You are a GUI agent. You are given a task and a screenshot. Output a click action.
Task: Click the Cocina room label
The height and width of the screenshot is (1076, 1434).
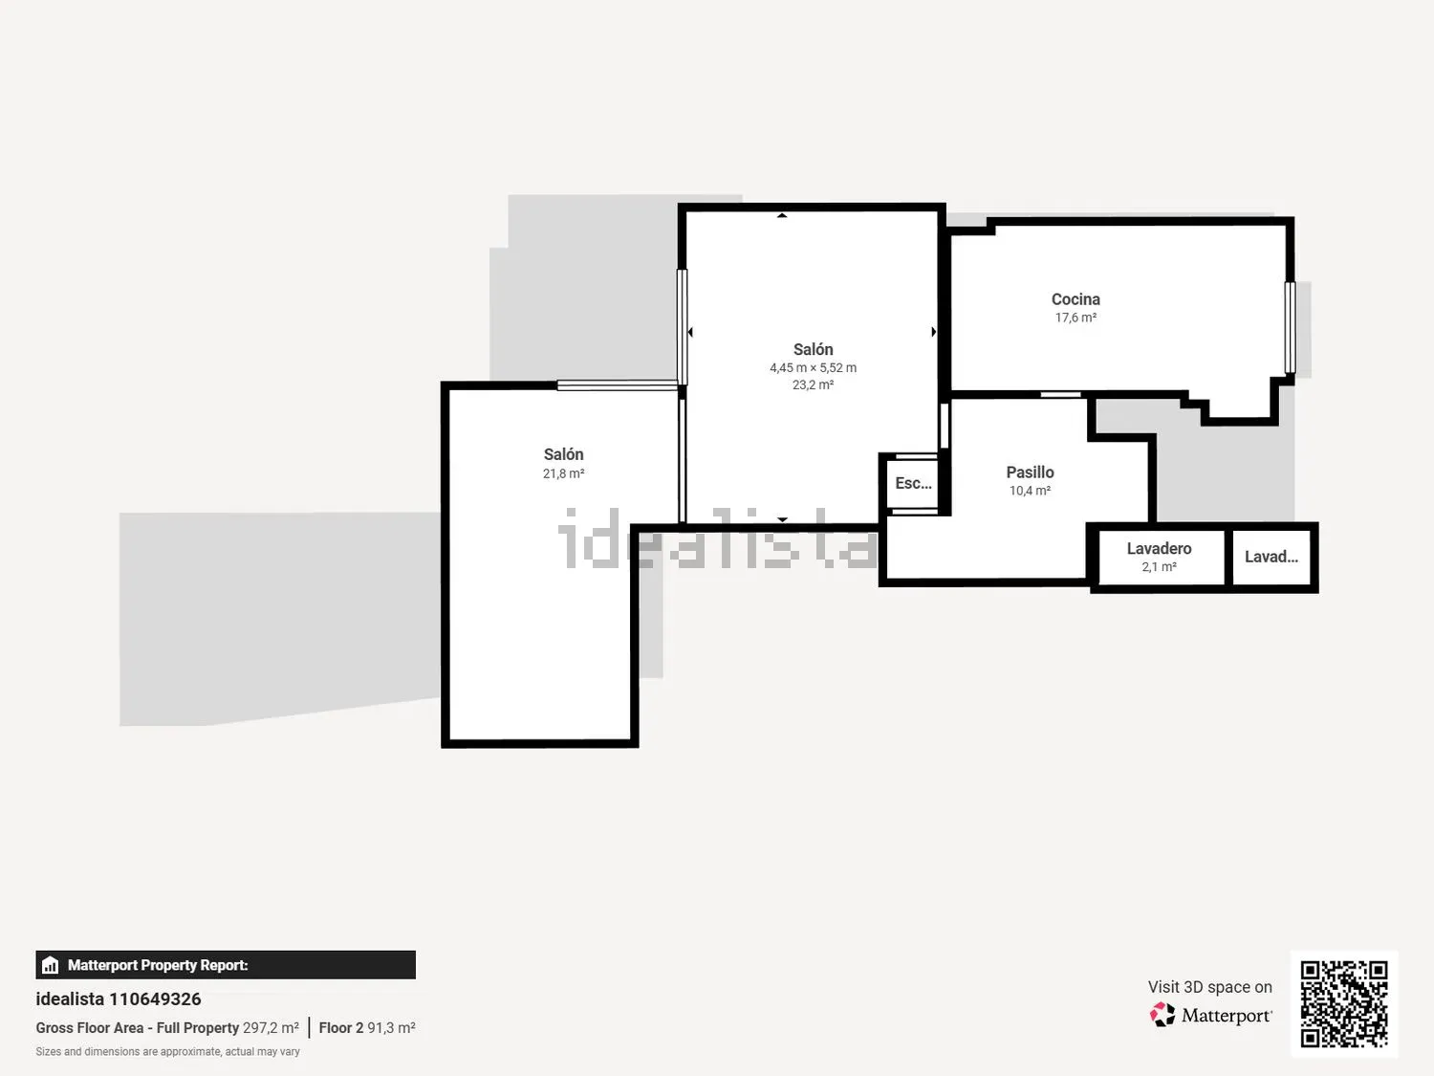(x=1075, y=299)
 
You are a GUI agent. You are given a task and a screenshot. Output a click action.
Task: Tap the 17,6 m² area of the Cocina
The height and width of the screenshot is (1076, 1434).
(x=1075, y=318)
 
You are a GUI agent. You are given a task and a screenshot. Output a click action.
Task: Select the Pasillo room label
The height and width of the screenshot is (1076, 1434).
(x=1030, y=472)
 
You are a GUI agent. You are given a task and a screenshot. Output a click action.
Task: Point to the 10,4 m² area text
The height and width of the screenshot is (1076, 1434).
(x=1030, y=490)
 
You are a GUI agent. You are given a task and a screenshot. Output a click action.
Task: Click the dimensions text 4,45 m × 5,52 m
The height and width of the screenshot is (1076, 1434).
(x=813, y=368)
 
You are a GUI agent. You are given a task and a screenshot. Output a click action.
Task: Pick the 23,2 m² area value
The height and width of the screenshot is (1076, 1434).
(x=813, y=384)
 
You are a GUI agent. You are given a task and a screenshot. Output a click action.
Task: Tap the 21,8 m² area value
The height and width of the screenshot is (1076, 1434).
(x=563, y=473)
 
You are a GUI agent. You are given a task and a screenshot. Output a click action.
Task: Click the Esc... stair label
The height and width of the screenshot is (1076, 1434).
(x=913, y=483)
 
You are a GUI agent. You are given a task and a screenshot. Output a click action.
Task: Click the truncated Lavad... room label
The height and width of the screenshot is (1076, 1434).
(x=1271, y=557)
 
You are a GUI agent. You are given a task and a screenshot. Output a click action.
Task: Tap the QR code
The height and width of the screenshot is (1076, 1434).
(x=1344, y=1003)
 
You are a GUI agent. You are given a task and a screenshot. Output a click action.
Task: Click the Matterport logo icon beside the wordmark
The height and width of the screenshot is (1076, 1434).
(x=1162, y=1015)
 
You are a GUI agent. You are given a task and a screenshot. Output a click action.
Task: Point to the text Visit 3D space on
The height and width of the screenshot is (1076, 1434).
(x=1210, y=986)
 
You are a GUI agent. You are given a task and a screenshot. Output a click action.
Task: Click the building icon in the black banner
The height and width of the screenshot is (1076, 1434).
(x=51, y=965)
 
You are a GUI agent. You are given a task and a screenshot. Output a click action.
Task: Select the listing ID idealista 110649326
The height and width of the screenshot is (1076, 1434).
(x=119, y=999)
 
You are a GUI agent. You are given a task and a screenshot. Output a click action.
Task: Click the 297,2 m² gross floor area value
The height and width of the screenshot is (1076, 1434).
(x=271, y=1027)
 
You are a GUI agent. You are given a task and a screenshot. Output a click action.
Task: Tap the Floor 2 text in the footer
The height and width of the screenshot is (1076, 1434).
(x=340, y=1027)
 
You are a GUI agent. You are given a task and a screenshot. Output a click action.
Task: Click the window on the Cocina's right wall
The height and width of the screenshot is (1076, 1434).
(x=1290, y=327)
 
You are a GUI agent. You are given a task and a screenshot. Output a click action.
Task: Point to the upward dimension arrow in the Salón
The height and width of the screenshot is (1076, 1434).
(x=782, y=215)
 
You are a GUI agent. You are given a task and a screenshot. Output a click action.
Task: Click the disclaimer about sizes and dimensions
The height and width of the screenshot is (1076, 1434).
(x=168, y=1052)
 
